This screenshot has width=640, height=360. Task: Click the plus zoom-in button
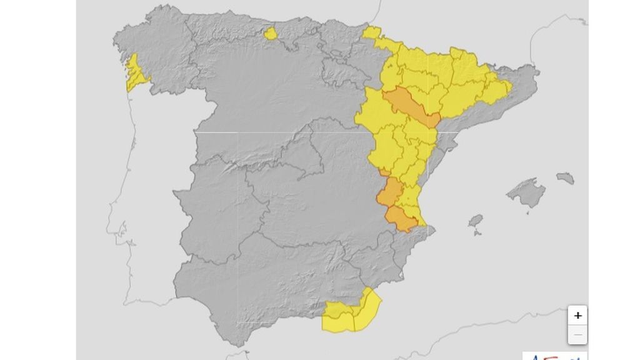pyautogui.click(x=577, y=316)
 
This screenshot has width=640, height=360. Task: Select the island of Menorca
pyautogui.click(x=565, y=178)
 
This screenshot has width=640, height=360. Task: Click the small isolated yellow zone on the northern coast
pyautogui.click(x=271, y=33)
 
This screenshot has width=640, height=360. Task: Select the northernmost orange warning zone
pyautogui.click(x=409, y=107)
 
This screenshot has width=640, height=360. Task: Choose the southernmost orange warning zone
pyautogui.click(x=401, y=218)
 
